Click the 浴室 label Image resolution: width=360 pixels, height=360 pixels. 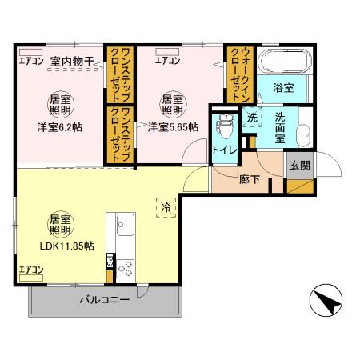click(282, 88)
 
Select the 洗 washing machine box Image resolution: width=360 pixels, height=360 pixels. click(251, 117)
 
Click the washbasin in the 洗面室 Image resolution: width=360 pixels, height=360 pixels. click(304, 134)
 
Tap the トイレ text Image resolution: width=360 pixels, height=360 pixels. click(222, 147)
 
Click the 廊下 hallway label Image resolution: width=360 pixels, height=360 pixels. click(250, 181)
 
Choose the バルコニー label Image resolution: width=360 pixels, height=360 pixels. click(104, 301)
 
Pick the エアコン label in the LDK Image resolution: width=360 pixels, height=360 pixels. click(32, 270)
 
